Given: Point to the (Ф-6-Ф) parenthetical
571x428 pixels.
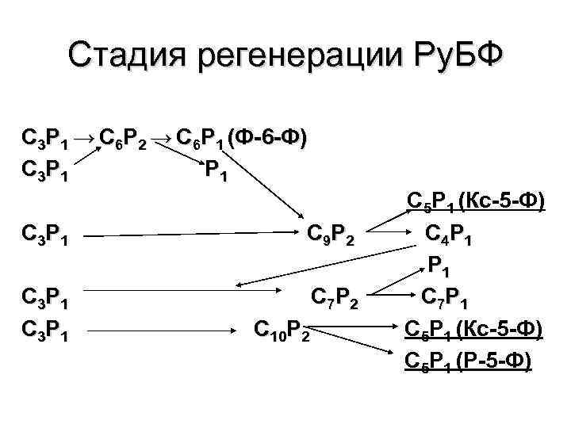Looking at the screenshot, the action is [x=266, y=137].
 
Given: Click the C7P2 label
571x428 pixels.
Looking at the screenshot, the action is [x=335, y=300].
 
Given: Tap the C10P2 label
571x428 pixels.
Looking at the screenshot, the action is [x=281, y=327].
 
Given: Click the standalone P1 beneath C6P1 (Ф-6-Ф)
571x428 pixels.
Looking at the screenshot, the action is [x=216, y=169].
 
